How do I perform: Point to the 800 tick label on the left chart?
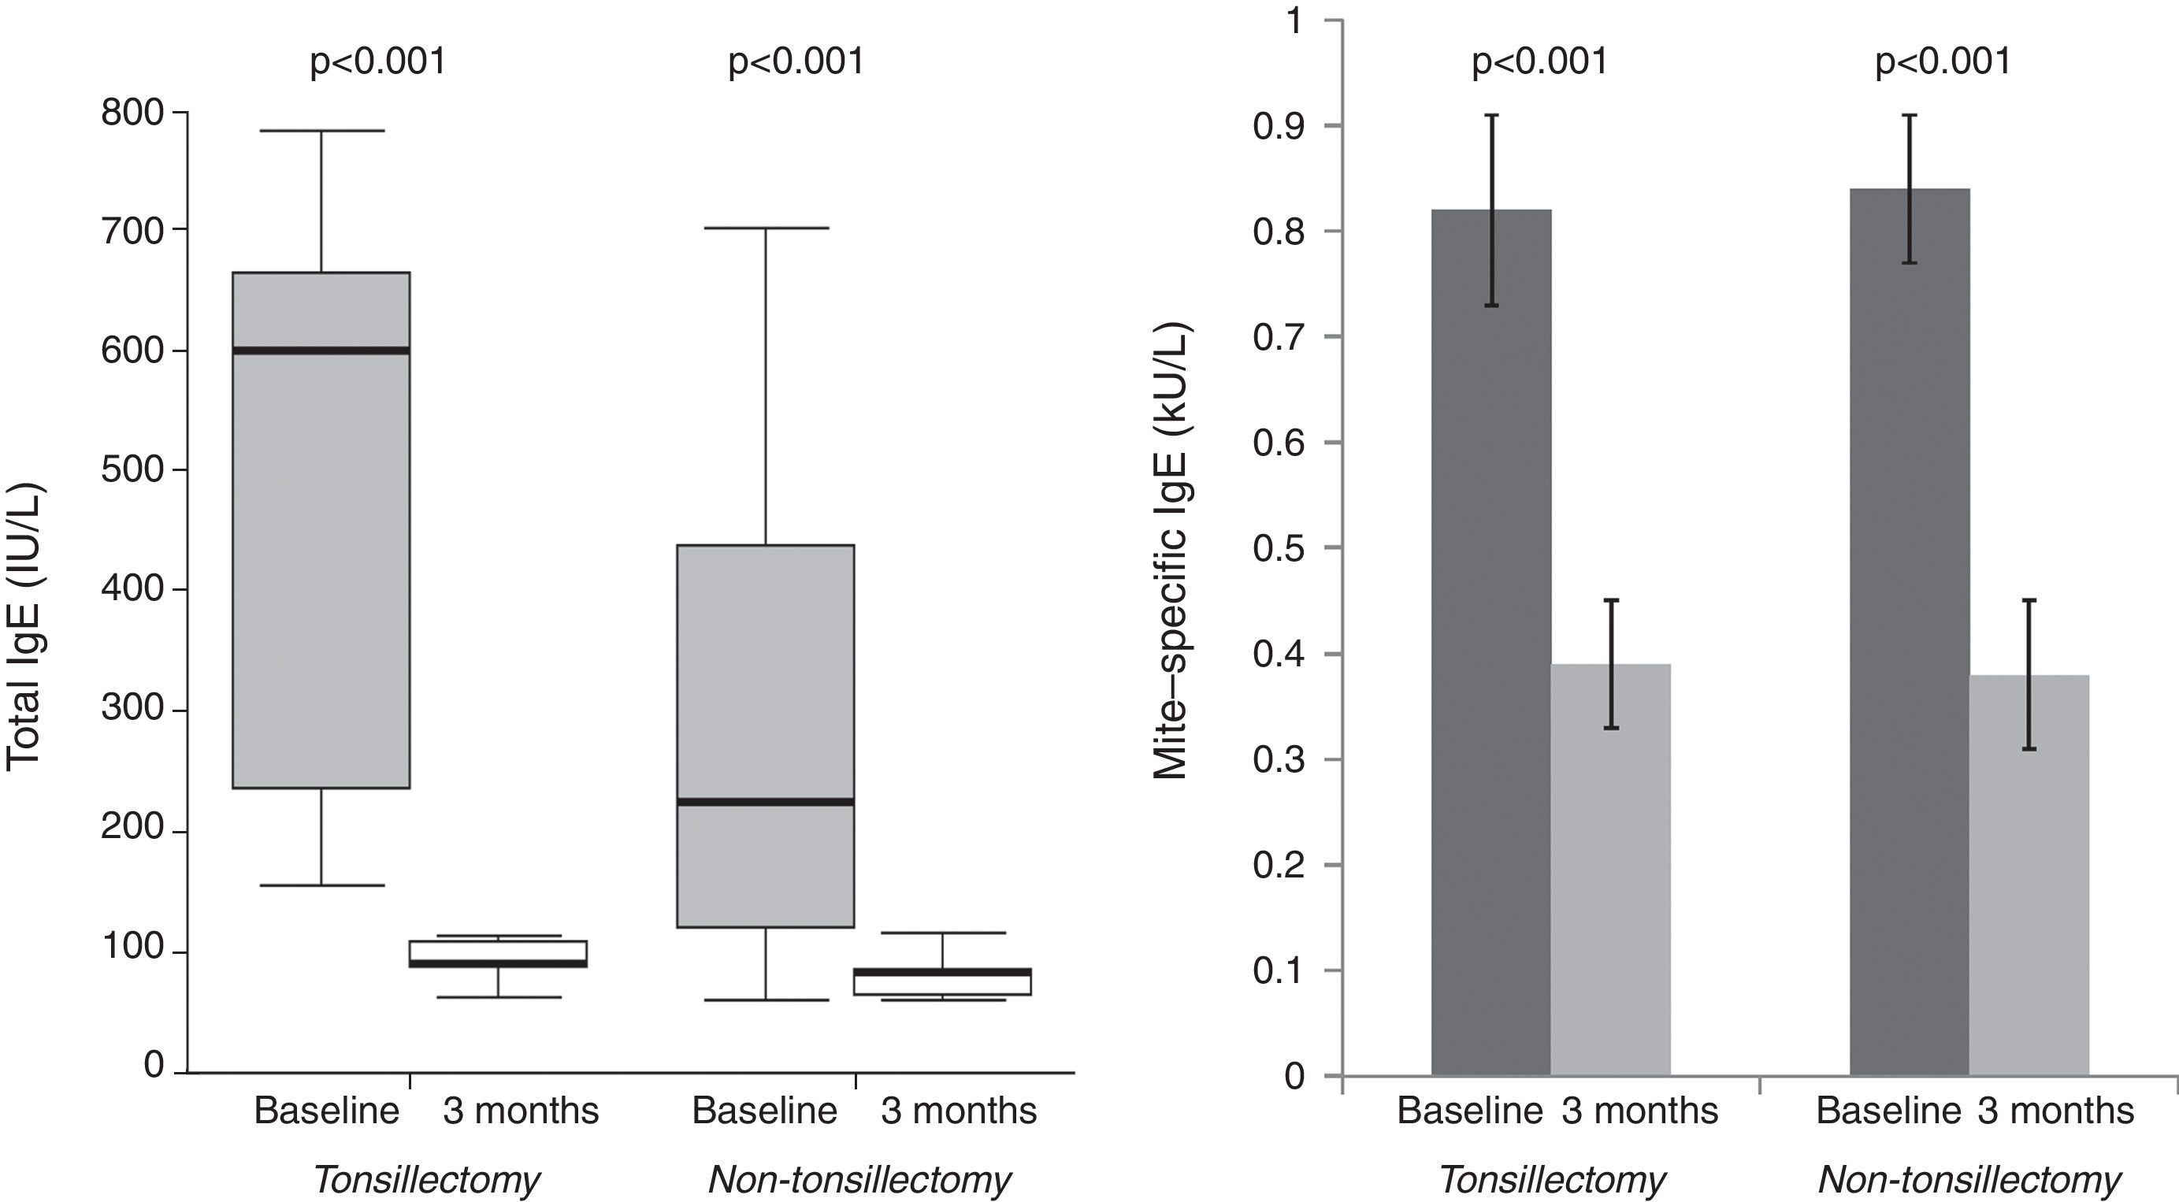pyautogui.click(x=132, y=113)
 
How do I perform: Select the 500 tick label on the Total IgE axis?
pyautogui.click(x=132, y=469)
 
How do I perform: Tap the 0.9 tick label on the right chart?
pyautogui.click(x=1279, y=126)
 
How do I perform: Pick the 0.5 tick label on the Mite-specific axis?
pyautogui.click(x=1279, y=548)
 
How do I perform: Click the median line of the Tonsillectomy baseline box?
pyautogui.click(x=321, y=351)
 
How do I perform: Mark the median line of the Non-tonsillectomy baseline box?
pyautogui.click(x=766, y=801)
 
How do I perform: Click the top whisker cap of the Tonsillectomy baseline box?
pyautogui.click(x=321, y=131)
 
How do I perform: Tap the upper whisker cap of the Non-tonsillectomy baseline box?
pyautogui.click(x=766, y=228)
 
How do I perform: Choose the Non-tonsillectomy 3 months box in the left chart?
pyautogui.click(x=941, y=982)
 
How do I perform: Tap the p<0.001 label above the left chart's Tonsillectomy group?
pyautogui.click(x=377, y=61)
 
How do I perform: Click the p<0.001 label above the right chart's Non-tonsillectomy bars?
pyautogui.click(x=1943, y=61)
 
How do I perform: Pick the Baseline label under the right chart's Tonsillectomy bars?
pyautogui.click(x=1469, y=1111)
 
